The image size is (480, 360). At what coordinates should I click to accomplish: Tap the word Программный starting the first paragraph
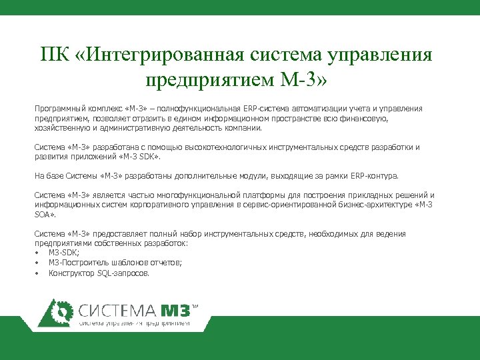[x=59, y=109]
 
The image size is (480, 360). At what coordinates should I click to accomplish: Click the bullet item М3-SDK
[x=64, y=253]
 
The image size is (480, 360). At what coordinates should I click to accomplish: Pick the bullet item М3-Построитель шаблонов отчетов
[x=115, y=263]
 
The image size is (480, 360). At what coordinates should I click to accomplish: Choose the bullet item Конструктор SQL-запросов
[x=99, y=273]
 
